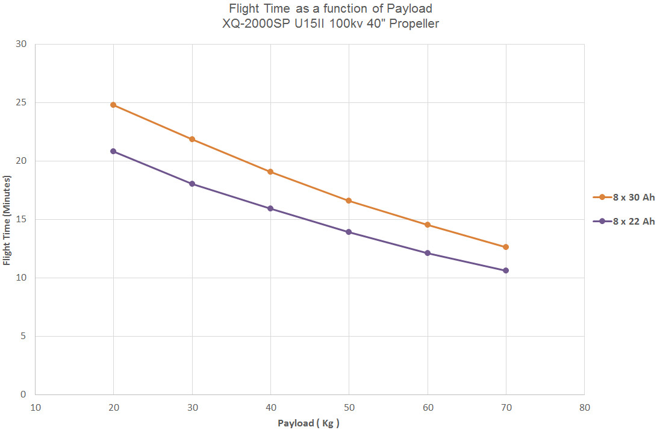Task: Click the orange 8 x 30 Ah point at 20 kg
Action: pos(113,105)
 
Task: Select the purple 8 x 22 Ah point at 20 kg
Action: pos(113,151)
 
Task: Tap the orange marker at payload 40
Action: pos(270,172)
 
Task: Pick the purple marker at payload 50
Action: pos(349,232)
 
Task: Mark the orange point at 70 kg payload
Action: pos(506,247)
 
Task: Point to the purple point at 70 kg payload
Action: pos(506,270)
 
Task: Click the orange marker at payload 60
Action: pos(428,225)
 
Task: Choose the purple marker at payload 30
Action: pos(192,184)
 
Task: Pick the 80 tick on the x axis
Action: pos(584,408)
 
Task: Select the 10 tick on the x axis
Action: pos(35,408)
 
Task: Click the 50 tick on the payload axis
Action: pos(349,408)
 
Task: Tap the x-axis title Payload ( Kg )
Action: pos(309,423)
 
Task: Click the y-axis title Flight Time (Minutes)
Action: pos(7,219)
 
